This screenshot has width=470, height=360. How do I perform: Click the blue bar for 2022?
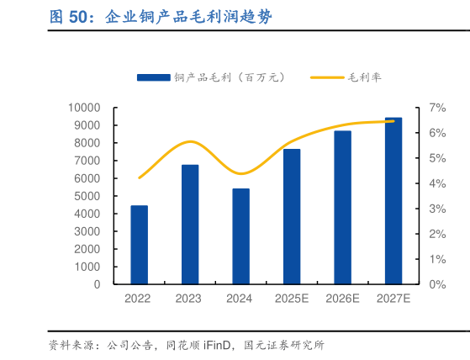click(139, 245)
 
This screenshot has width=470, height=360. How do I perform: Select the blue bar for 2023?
click(190, 225)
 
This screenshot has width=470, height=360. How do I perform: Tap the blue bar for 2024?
click(240, 236)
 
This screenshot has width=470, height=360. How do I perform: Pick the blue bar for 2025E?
click(292, 216)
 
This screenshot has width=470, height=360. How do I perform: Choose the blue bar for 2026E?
click(342, 208)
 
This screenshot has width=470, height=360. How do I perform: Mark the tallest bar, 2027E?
click(393, 201)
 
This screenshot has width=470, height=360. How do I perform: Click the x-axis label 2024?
click(240, 299)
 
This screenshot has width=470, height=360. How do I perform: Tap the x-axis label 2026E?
click(342, 299)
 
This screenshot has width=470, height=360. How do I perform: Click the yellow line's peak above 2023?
click(191, 141)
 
